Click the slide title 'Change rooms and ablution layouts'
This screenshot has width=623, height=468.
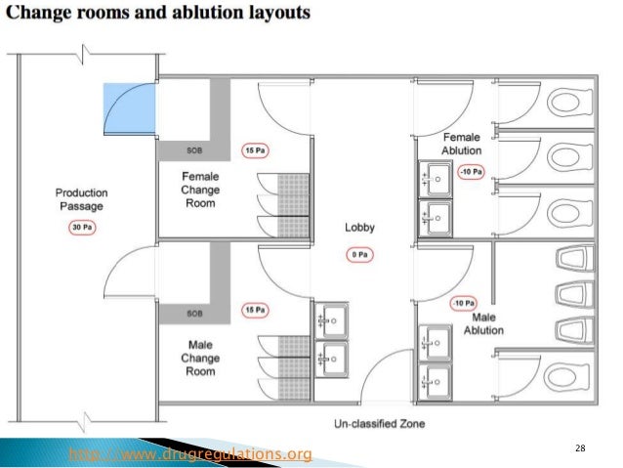click(161, 15)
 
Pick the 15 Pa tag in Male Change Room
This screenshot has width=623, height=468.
click(255, 310)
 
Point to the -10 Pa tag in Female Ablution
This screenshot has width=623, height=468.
click(472, 173)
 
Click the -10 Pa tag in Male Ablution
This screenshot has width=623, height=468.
click(463, 304)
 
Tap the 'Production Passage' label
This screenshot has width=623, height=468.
click(81, 199)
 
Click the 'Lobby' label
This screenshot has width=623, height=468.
click(359, 228)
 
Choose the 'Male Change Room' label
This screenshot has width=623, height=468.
click(200, 358)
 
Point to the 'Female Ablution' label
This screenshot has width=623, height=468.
click(461, 145)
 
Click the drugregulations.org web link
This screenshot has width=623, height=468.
click(190, 454)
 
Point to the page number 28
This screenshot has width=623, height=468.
click(580, 447)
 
